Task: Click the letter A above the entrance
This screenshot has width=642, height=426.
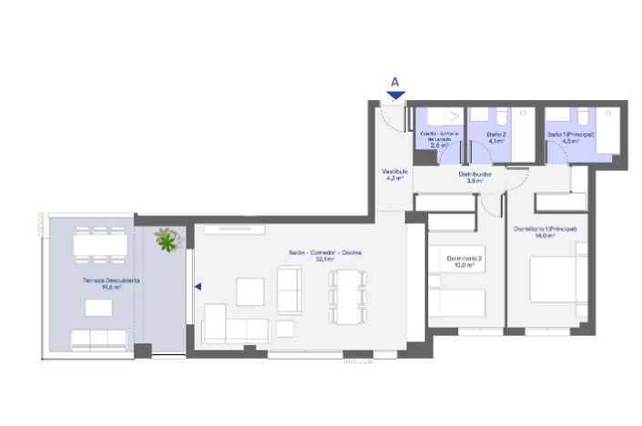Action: [x=395, y=81]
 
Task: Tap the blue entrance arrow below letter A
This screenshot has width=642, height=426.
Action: [x=395, y=94]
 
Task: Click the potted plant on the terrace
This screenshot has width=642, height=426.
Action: [x=168, y=239]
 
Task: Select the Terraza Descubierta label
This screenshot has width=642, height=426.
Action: [x=107, y=283]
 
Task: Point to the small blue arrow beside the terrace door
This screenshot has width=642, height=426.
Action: [x=197, y=287]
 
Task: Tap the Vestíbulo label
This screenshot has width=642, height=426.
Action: [x=394, y=174]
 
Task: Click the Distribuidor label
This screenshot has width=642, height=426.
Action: [x=474, y=177]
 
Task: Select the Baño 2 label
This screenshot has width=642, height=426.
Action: [x=495, y=137]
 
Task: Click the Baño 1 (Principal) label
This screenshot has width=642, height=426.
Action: [x=571, y=137]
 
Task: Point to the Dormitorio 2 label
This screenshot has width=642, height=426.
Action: [x=464, y=262]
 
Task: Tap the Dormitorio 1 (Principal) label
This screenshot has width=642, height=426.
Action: [x=545, y=232]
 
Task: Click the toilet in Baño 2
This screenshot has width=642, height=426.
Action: [x=501, y=117]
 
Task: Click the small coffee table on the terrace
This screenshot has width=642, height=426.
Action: [x=98, y=308]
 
